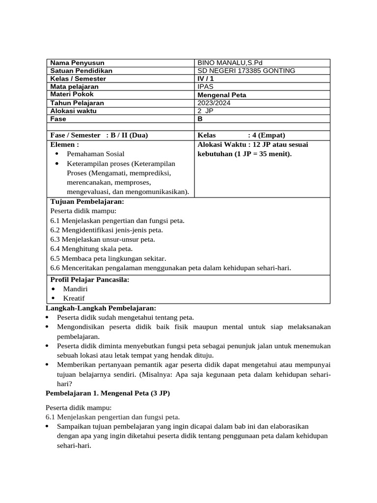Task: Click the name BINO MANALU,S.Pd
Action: point(230,63)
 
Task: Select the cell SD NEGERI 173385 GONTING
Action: point(246,71)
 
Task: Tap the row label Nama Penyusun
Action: point(77,63)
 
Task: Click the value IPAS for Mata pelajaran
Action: point(205,86)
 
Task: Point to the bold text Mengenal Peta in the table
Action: point(222,95)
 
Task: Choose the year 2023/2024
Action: point(214,103)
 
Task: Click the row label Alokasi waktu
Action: point(74,111)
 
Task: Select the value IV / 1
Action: point(206,79)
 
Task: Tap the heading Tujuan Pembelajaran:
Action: point(87,201)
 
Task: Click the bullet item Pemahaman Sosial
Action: point(96,154)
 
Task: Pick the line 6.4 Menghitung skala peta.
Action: point(91,249)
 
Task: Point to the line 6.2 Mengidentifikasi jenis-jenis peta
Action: point(107,230)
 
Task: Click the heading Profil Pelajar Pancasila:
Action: point(90,279)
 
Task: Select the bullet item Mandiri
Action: point(75,289)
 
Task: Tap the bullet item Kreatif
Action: point(74,298)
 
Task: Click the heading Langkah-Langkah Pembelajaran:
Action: point(101,308)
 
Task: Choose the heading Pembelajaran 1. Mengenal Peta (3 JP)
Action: point(108,393)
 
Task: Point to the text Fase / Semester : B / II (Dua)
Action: point(99,135)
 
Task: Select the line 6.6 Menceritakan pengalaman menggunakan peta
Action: point(171,268)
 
